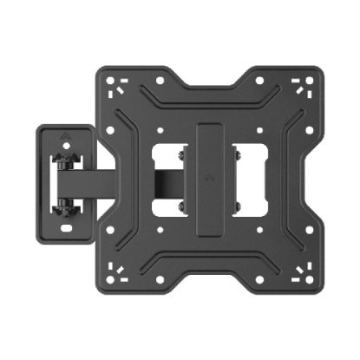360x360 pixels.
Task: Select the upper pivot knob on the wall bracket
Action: [62, 161]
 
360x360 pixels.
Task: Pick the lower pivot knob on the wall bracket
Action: [62, 209]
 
